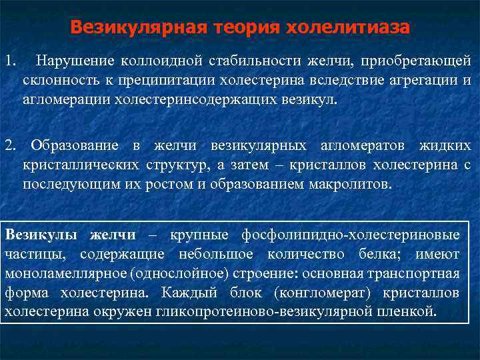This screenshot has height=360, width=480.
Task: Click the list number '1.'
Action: point(9,61)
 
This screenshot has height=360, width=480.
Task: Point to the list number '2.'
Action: point(9,145)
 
